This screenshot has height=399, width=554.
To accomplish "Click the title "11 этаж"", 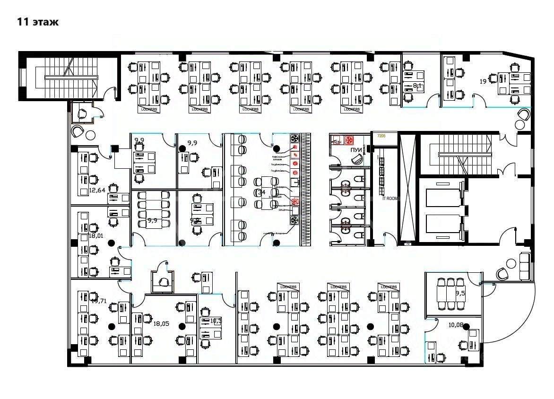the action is click(x=38, y=22).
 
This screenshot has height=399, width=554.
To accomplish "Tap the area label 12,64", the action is click(x=97, y=191).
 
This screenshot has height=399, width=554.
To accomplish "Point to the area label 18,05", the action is click(x=161, y=323).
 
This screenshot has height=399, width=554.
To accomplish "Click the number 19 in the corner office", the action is click(x=483, y=81).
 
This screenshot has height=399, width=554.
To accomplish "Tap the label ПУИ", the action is click(x=356, y=150).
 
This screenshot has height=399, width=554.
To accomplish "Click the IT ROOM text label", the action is click(x=390, y=199).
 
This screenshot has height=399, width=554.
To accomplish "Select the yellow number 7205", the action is click(x=381, y=136).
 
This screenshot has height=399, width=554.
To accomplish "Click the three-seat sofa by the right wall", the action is click(x=524, y=266).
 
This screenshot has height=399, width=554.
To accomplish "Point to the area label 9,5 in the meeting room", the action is click(x=460, y=293).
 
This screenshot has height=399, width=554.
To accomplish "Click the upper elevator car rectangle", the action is click(x=443, y=198).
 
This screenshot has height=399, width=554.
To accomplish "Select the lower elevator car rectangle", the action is click(x=443, y=224).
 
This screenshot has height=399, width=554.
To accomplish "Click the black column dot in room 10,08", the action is click(x=466, y=326).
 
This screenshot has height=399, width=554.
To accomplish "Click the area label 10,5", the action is click(x=216, y=321).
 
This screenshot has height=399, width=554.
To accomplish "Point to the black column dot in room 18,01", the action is click(x=111, y=243).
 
